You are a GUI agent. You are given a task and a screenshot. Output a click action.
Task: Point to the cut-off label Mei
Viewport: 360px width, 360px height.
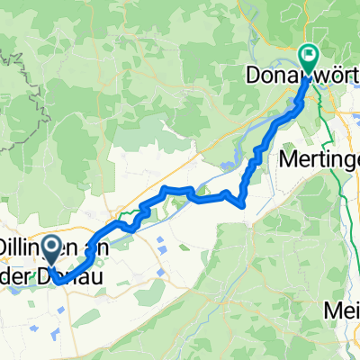coord(341,310)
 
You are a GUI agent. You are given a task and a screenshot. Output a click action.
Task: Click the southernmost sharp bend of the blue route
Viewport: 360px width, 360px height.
coord(244,203)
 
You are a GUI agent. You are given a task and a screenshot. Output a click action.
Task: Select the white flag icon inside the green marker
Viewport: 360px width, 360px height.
coord(308,56)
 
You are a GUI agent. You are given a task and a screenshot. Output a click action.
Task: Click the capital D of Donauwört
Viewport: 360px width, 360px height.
coord(253,78)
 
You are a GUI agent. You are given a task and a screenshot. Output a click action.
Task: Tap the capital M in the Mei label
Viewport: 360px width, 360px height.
coord(331,310)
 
